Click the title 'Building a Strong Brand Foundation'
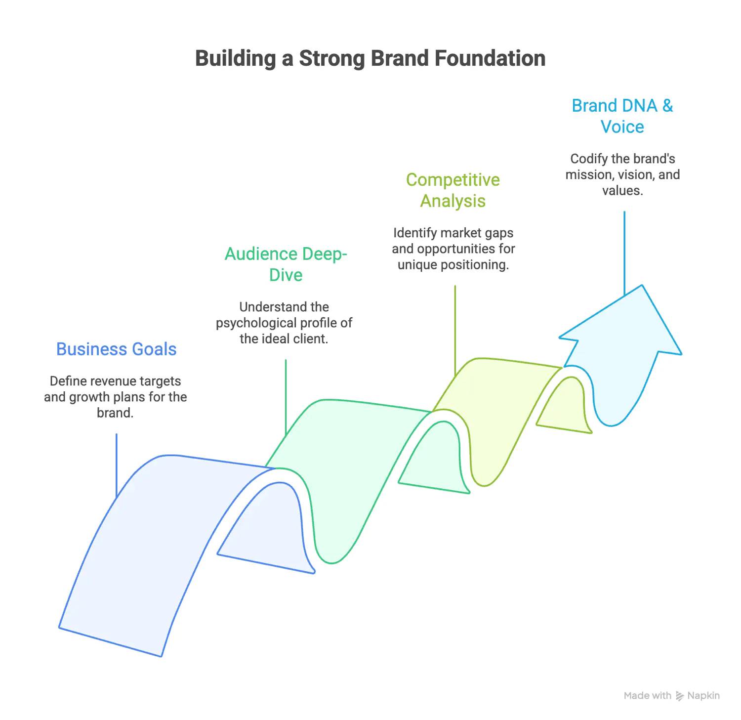[370, 58]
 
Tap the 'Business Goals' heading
[117, 349]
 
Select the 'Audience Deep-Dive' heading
[286, 264]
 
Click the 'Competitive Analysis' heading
[453, 190]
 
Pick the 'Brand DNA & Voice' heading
[622, 116]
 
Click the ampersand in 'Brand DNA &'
[668, 106]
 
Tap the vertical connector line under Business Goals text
[117, 466]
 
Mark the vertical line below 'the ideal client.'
[286, 397]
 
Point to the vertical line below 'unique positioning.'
[455, 331]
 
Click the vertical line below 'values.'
[624, 253]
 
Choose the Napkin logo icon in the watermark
[680, 696]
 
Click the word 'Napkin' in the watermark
[703, 696]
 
